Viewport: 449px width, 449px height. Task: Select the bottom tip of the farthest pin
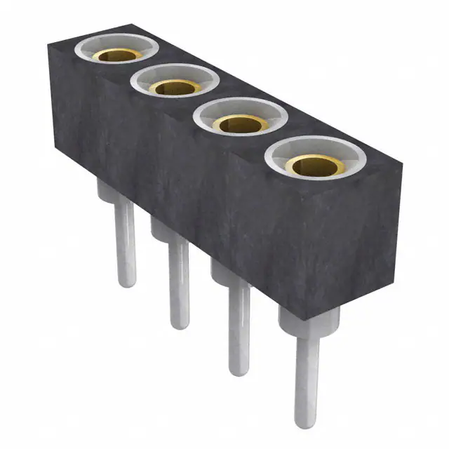126,283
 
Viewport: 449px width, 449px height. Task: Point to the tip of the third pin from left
240,370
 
